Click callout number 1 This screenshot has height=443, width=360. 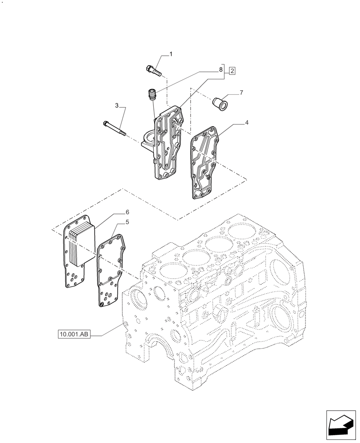tap(171, 54)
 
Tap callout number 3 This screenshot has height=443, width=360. tap(117, 106)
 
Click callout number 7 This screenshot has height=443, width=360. tap(241, 93)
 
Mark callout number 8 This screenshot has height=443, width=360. tap(220, 70)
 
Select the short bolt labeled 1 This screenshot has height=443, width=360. tap(153, 70)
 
